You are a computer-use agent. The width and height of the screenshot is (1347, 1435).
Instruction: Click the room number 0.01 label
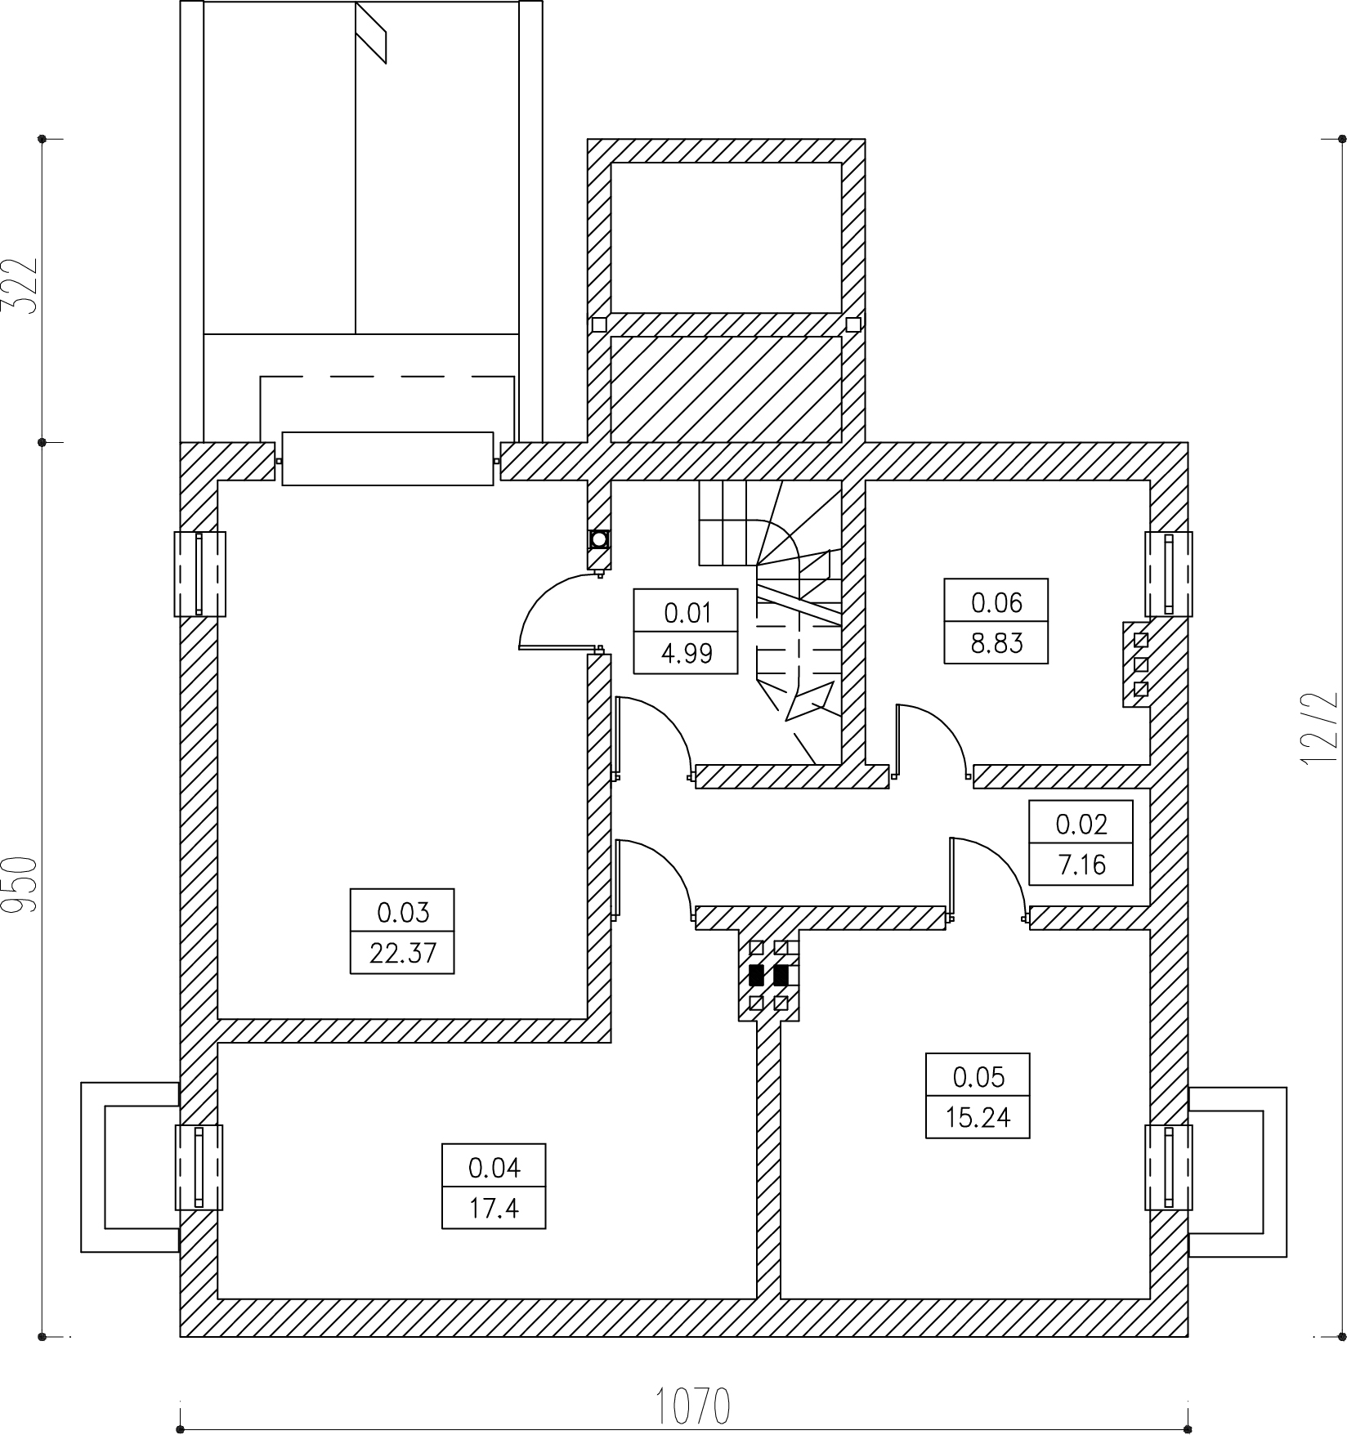tap(687, 612)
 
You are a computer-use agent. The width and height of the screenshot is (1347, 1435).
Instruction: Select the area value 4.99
tap(687, 654)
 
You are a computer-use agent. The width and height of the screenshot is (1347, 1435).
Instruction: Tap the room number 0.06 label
tap(996, 602)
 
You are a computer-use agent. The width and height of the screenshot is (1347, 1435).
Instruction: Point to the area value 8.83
tap(996, 644)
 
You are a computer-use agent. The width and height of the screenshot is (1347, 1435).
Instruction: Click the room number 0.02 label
tap(1081, 824)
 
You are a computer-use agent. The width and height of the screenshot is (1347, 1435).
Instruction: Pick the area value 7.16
tap(1081, 865)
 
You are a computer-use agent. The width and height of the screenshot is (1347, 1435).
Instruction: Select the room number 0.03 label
tap(403, 911)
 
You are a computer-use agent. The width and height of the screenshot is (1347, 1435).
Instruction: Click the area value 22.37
tap(403, 953)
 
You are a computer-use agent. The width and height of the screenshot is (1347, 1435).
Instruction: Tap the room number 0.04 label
tap(494, 1168)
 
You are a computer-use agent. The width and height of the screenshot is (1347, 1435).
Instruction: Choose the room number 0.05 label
tap(978, 1077)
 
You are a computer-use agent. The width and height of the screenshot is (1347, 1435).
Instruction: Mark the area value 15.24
tap(978, 1118)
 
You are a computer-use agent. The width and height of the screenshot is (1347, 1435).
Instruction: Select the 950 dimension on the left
tap(19, 883)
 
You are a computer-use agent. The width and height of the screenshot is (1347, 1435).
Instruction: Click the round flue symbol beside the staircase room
tap(599, 539)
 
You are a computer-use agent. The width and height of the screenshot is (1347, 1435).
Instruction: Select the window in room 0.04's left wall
tap(199, 1167)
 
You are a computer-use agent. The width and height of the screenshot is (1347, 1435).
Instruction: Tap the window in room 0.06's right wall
tap(1168, 574)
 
